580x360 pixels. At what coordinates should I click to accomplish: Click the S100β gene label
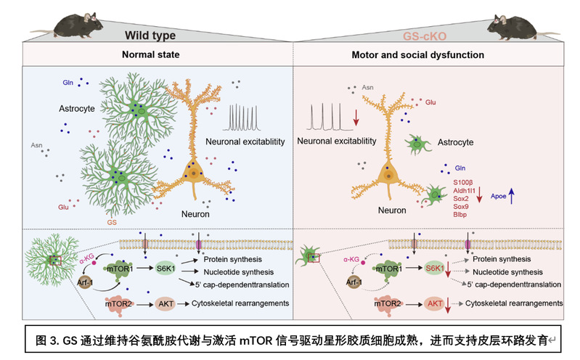pyautogui.click(x=464, y=181)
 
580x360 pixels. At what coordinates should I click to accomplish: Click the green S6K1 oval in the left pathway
pyautogui.click(x=165, y=268)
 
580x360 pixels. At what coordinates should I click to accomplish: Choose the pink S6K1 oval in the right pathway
pyautogui.click(x=434, y=268)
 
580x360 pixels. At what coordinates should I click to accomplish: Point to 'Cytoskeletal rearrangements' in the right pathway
pyautogui.click(x=514, y=303)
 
